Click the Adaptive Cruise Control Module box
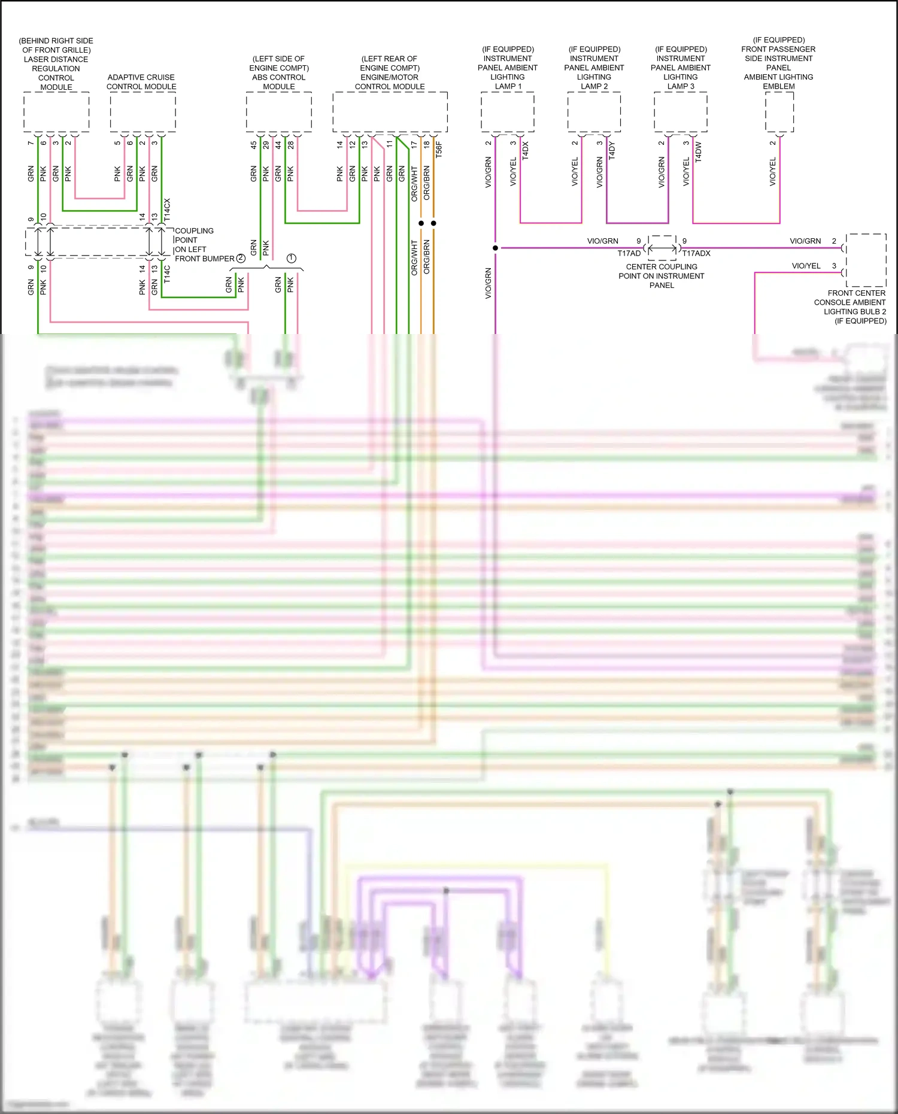point(142,112)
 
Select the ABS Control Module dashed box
point(278,112)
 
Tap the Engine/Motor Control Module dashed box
point(390,112)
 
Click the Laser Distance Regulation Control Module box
point(56,112)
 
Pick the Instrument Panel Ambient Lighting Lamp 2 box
point(594,112)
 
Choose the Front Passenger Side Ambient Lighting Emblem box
point(779,112)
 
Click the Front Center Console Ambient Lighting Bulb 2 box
point(866,260)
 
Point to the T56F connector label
point(439,150)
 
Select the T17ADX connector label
point(696,253)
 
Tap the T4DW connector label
point(699,151)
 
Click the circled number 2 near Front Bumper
point(241,258)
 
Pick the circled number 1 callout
point(291,258)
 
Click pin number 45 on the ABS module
point(254,145)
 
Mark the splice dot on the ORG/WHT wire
point(421,223)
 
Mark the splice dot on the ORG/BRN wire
point(433,223)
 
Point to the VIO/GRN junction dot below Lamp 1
point(495,248)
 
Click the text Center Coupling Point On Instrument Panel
point(662,276)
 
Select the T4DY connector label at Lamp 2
point(612,150)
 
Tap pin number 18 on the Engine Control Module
point(426,144)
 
